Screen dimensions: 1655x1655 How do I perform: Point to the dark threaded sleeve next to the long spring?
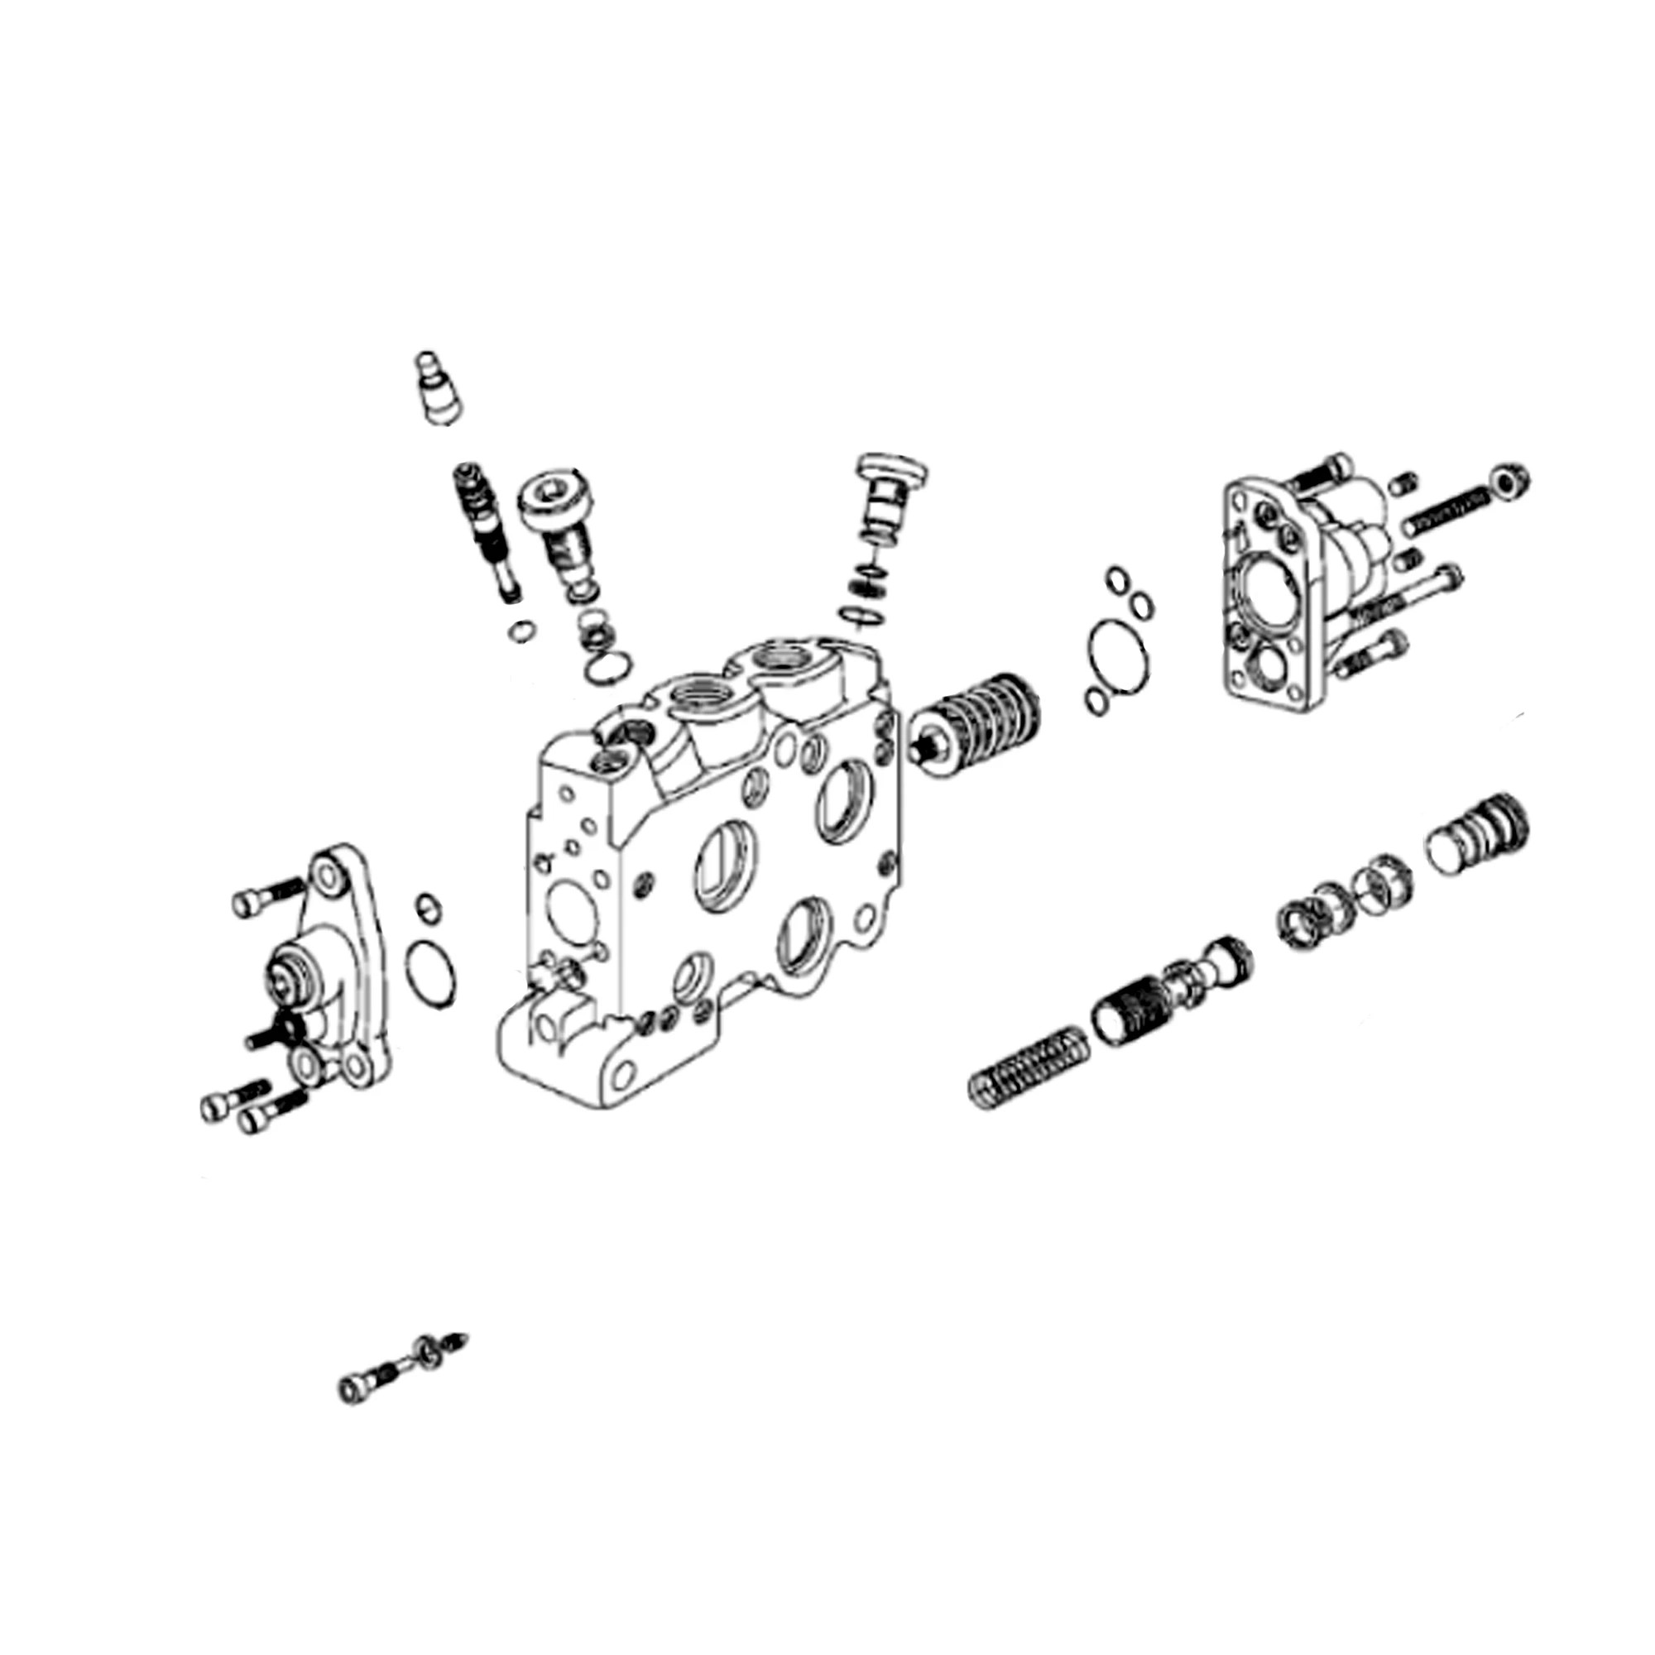click(1130, 1013)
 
